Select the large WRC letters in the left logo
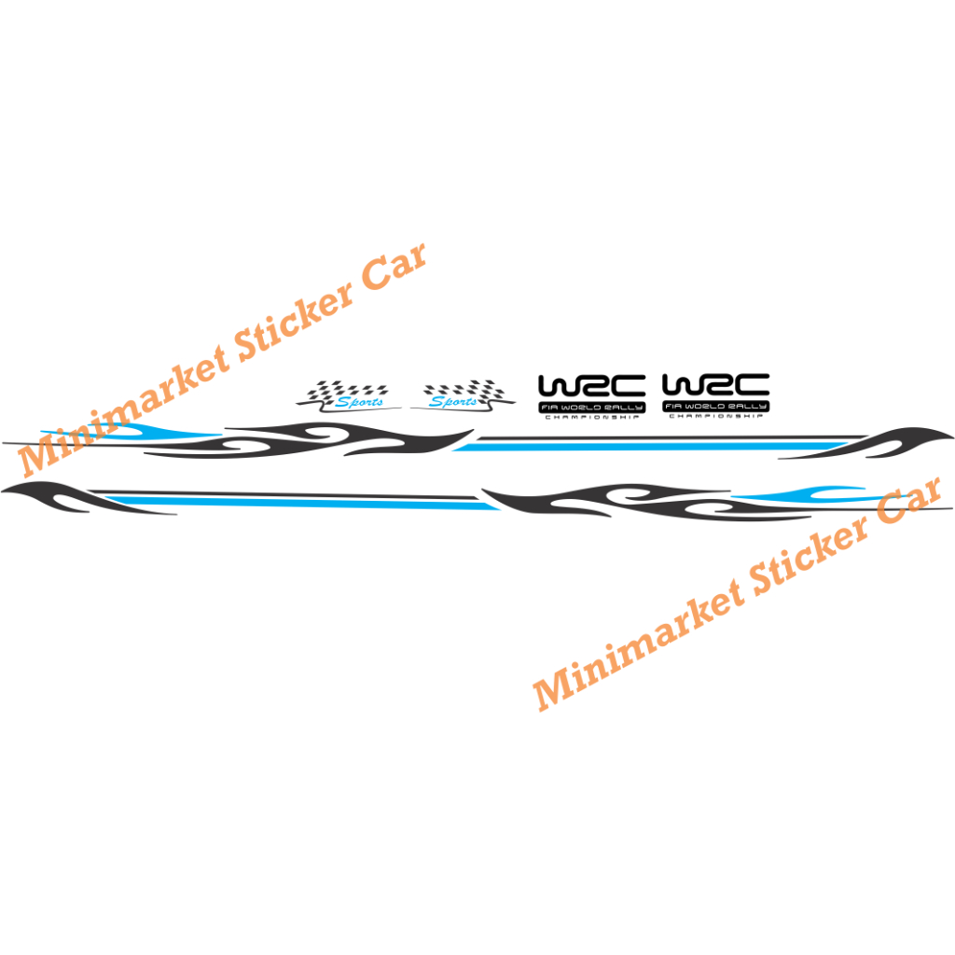tap(592, 386)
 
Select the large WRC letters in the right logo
tap(715, 386)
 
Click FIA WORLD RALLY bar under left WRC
tap(592, 408)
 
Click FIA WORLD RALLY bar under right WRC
tap(715, 408)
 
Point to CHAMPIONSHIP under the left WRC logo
tap(592, 417)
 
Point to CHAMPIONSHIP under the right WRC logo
tap(715, 417)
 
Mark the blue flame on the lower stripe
tap(802, 494)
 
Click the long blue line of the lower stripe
tap(308, 504)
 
